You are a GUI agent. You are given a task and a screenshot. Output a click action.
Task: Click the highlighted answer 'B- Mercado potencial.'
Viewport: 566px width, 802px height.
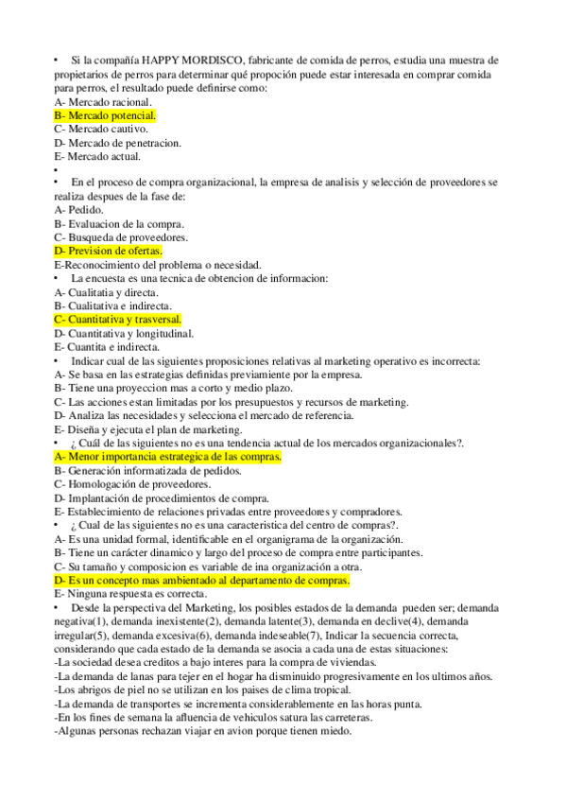point(105,115)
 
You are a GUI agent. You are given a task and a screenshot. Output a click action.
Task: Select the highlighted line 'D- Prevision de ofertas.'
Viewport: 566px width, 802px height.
point(109,252)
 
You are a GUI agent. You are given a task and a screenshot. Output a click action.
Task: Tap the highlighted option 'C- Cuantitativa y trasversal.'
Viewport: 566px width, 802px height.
point(118,320)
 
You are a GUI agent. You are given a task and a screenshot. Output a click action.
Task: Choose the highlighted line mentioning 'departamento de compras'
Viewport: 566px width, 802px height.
point(202,579)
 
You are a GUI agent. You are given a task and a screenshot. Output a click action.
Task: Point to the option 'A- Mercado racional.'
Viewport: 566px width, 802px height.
point(103,101)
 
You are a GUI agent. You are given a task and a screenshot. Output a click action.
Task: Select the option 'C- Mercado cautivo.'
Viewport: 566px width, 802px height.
point(101,129)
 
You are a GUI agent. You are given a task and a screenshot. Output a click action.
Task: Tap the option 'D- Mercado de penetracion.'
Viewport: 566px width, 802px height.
point(118,143)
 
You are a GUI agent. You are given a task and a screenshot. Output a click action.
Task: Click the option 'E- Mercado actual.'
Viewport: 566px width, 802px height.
point(98,156)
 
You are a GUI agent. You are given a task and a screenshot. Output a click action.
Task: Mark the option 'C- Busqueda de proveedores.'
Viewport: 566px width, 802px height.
point(121,237)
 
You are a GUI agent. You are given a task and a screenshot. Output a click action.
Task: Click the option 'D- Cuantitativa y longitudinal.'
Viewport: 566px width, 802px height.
point(124,333)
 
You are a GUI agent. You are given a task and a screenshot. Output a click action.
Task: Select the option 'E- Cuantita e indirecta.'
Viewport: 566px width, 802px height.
point(107,347)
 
